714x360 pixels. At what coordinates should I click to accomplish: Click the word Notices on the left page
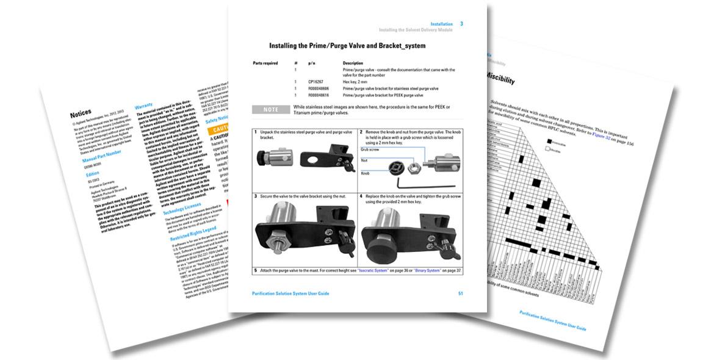[81, 113]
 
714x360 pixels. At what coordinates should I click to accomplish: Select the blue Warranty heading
[143, 106]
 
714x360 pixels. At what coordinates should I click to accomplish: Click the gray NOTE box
[270, 110]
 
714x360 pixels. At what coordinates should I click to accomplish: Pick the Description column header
[353, 63]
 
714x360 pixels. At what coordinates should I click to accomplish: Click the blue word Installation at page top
[441, 24]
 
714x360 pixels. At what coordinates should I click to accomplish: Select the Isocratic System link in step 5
[374, 270]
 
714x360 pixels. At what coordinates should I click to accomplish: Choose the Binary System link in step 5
[428, 270]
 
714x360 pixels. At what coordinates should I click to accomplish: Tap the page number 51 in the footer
[461, 293]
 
